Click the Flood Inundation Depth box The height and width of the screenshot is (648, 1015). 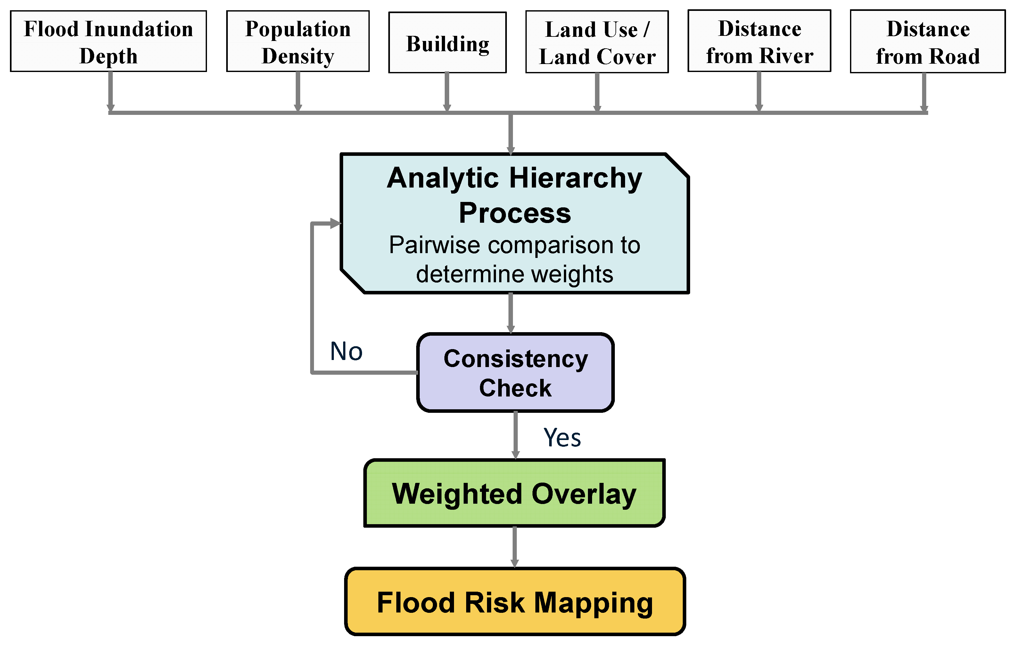pos(108,41)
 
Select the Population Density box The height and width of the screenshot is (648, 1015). pos(298,41)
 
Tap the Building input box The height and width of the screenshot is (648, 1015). pos(447,43)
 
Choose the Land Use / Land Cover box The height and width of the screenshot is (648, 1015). pos(597,42)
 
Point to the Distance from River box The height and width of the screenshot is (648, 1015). pos(759,41)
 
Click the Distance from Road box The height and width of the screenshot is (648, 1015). pos(928,42)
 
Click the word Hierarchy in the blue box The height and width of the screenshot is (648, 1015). pos(575,178)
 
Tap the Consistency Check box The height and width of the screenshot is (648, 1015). pos(515,372)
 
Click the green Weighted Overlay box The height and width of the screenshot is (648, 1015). pos(514,493)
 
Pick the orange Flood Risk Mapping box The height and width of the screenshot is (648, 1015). pos(515,602)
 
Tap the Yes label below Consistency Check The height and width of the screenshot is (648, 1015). pos(562,437)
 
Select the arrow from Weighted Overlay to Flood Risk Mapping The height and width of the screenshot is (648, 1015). pos(515,547)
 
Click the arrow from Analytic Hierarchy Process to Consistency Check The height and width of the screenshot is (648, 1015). pos(511,314)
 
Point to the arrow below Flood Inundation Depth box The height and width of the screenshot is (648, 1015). pos(111,92)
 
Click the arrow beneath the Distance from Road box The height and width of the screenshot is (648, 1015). pos(924,92)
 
